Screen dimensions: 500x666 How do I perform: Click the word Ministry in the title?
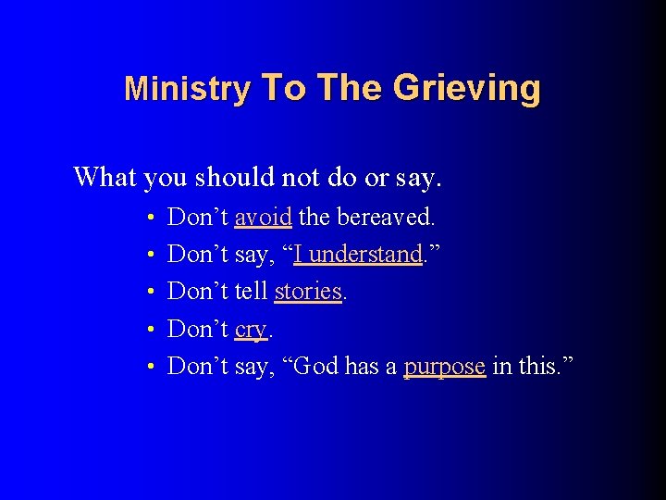187,89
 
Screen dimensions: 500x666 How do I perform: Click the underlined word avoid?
264,218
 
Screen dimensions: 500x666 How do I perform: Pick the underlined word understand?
357,255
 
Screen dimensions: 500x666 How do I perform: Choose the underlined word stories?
308,292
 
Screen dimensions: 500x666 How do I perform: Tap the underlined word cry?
250,330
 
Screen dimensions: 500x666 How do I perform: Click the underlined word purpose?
444,367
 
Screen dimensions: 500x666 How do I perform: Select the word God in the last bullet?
315,367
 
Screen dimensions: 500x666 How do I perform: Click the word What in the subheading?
105,175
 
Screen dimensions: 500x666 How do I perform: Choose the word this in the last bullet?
541,367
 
